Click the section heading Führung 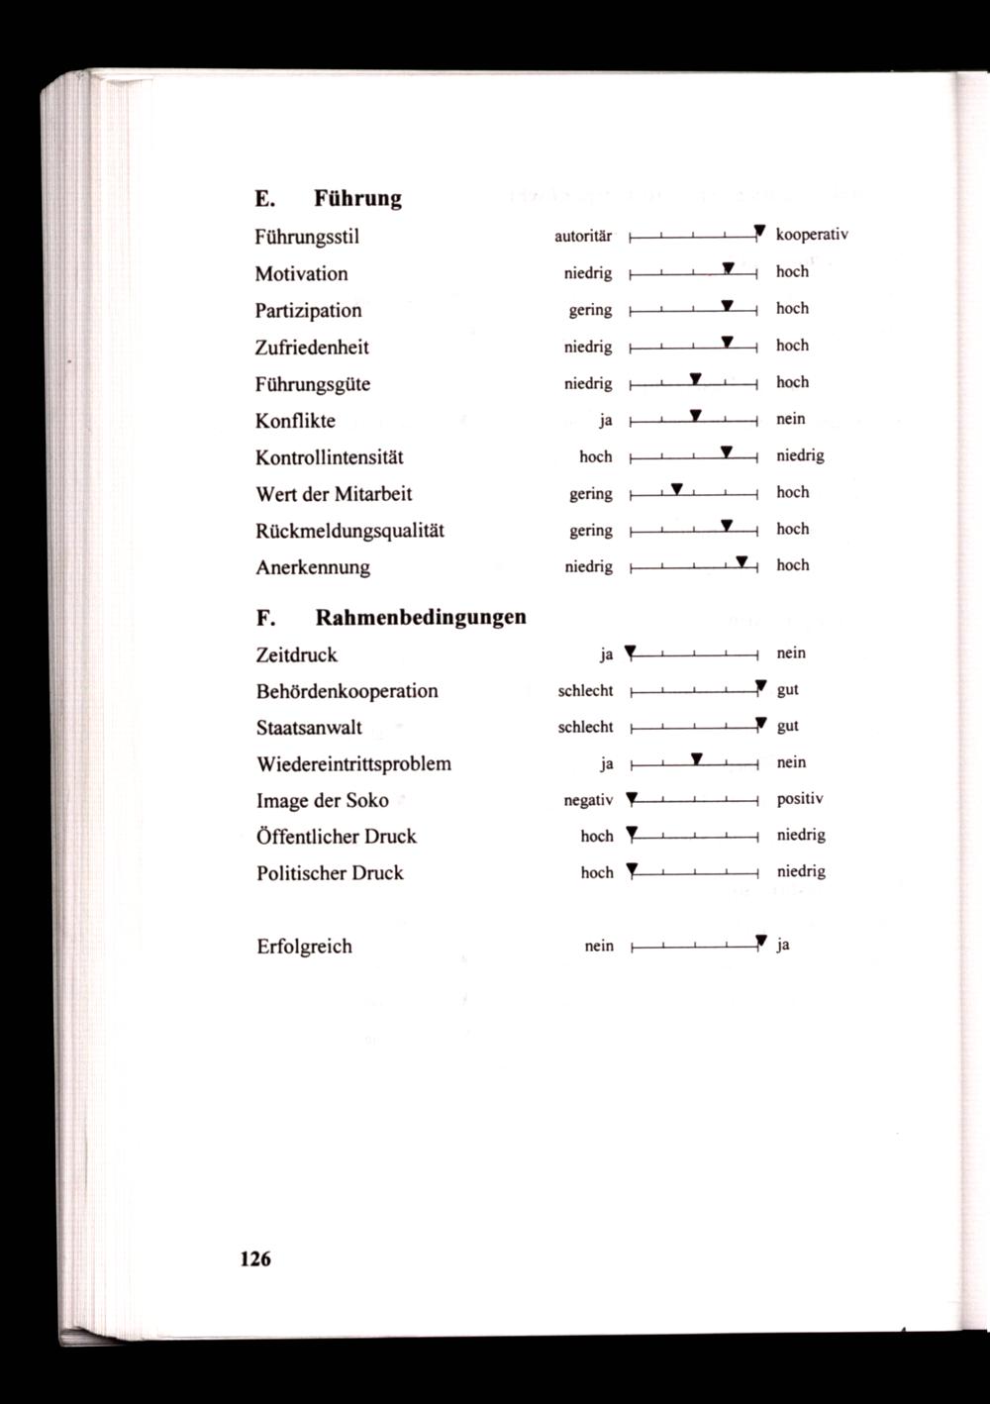357,198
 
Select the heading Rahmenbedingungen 420,618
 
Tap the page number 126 254,1258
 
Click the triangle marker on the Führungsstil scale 759,232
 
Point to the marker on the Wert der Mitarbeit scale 677,489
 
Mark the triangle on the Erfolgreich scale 760,941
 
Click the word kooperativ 812,235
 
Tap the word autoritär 583,237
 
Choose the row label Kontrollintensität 329,457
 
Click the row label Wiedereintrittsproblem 353,763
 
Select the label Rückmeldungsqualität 349,531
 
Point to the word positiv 800,798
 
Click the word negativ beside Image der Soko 588,800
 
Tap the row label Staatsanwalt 309,727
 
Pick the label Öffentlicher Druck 336,837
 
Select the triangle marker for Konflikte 696,415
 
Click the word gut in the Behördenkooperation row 788,689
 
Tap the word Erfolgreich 304,946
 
